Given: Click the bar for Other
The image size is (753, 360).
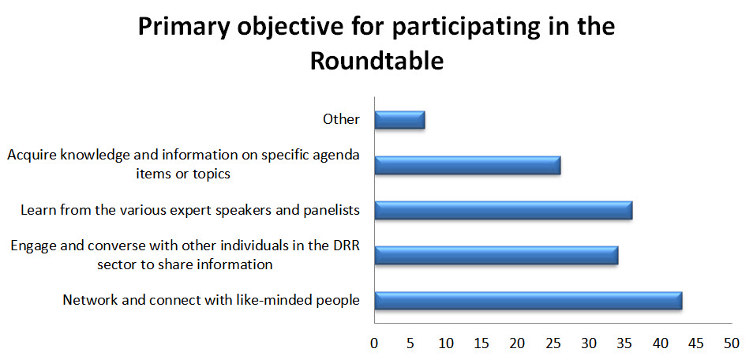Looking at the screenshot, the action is coord(399,120).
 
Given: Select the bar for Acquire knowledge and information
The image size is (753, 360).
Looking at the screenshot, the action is coord(468,165).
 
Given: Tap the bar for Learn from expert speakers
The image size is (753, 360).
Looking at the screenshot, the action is coord(504,210).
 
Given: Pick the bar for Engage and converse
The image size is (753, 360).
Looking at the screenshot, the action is coord(496,255).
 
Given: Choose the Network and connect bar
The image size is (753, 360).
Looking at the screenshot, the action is coord(529,300).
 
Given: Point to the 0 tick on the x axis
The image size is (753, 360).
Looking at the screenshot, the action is coord(374,343).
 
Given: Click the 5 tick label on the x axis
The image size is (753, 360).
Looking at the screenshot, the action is coord(410,343).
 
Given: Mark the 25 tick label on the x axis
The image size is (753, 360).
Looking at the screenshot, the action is coord(553,343).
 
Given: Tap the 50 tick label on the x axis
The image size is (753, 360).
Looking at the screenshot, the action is coord(732,343).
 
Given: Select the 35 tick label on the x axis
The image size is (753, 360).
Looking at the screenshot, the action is coord(624,343).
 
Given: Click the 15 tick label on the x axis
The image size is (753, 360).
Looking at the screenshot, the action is coord(481,343).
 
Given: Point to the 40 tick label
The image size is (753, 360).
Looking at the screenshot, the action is coord(661,343).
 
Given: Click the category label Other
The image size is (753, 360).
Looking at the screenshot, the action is coord(342,119).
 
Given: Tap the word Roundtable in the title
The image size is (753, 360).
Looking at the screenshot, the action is coord(376,62).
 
